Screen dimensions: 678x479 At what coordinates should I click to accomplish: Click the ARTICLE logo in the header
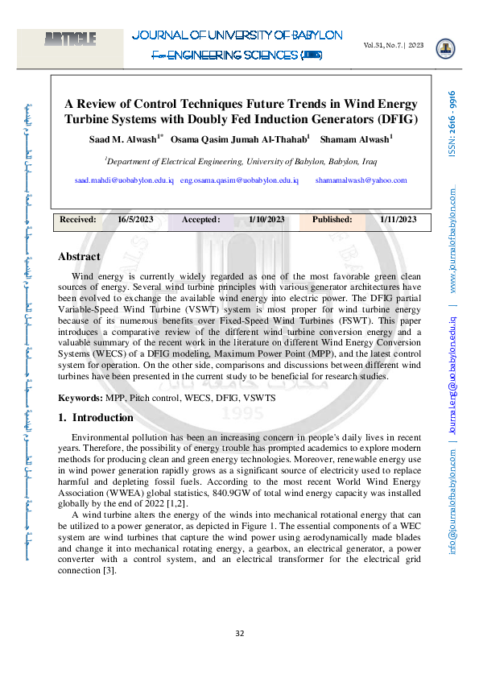71,38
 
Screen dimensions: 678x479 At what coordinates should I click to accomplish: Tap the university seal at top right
444,49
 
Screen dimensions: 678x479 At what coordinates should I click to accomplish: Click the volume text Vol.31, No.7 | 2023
394,45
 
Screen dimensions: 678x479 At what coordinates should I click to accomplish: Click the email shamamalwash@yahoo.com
361,181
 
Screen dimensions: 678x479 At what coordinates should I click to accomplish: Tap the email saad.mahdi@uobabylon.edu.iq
124,181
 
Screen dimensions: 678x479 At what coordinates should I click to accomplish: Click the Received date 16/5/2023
135,219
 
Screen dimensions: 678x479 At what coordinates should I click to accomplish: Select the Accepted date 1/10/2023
266,219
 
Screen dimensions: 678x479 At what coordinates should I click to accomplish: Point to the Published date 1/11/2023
398,219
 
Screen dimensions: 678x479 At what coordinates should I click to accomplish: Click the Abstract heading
79,257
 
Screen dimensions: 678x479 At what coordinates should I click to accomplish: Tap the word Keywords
80,398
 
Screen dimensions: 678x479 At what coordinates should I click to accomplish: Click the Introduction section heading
96,418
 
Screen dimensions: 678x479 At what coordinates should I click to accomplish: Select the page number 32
239,634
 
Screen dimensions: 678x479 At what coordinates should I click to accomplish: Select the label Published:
332,219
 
